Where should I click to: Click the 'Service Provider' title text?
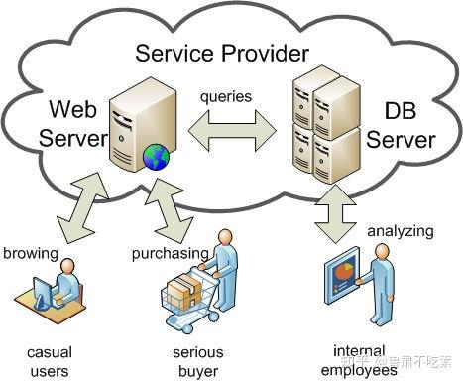point(222,52)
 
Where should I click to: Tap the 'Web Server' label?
point(71,123)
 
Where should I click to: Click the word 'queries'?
point(226,98)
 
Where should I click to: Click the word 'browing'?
point(30,253)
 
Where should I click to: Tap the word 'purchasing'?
point(171,253)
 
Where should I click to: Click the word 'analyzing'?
point(401,231)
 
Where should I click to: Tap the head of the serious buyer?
point(226,238)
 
